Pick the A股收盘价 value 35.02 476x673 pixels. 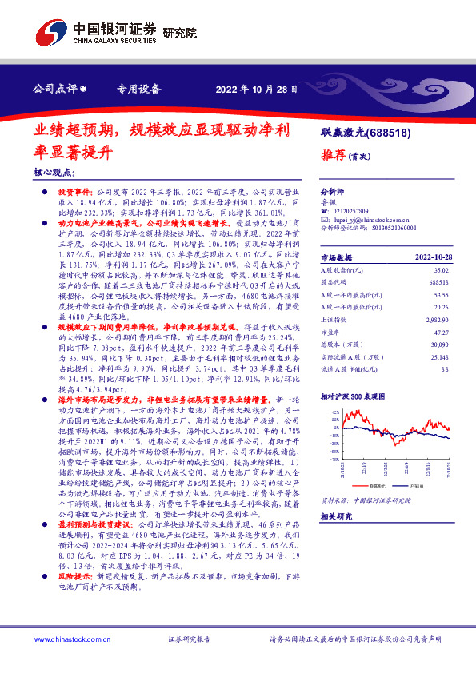(438, 270)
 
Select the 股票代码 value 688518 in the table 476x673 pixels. (437, 282)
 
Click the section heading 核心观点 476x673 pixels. (54, 172)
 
